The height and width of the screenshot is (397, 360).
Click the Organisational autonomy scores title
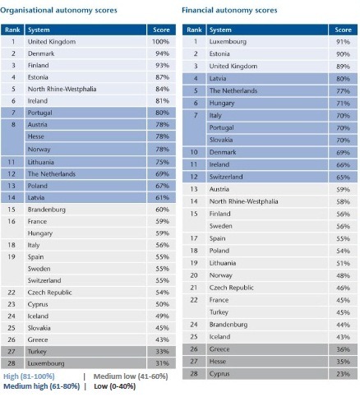click(58, 11)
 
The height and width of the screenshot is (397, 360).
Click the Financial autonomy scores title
click(229, 11)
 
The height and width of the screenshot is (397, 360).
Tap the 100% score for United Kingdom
click(161, 42)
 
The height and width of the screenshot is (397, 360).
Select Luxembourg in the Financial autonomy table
click(228, 42)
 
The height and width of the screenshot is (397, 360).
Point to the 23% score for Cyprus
click(343, 374)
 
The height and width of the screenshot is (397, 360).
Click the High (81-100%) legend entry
click(29, 376)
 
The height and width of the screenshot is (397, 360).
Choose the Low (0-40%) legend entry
click(115, 386)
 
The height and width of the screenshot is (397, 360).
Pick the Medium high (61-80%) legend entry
click(42, 386)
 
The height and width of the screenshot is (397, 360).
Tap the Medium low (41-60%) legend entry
click(131, 376)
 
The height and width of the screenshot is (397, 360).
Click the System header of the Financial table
click(220, 30)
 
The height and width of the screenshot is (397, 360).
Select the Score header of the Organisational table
click(161, 30)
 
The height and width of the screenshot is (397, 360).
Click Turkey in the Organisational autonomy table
click(37, 352)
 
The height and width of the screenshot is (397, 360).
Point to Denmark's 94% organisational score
click(163, 53)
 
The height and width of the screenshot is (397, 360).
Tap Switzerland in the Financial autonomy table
click(226, 177)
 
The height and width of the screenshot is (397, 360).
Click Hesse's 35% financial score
click(343, 362)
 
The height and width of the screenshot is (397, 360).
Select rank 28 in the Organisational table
click(12, 363)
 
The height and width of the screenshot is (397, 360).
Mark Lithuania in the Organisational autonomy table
click(41, 162)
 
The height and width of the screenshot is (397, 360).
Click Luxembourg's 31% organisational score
click(163, 363)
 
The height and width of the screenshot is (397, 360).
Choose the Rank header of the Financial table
click(194, 30)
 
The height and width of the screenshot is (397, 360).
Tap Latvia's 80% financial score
click(343, 79)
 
